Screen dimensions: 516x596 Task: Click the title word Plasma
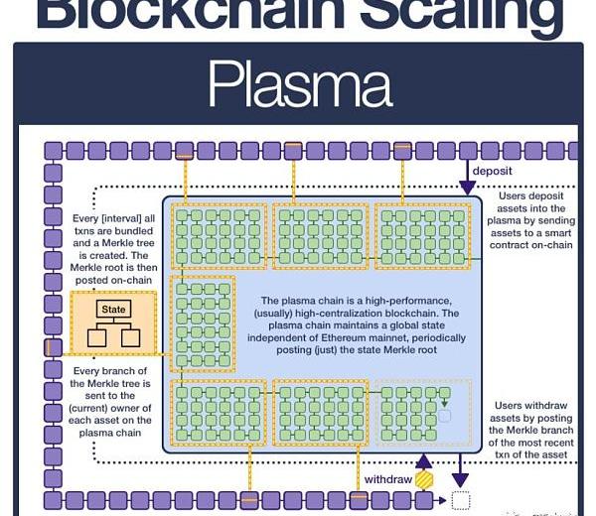coord(297,83)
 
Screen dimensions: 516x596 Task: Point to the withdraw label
coord(387,478)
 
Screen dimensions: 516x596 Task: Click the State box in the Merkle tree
coord(113,310)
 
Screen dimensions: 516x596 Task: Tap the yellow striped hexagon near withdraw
coord(424,479)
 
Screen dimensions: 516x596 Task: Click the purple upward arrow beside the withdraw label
coord(424,460)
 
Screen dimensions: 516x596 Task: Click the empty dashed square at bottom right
coord(460,500)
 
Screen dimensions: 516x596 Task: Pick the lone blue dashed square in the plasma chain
coord(444,416)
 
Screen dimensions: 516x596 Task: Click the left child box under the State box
coord(96,337)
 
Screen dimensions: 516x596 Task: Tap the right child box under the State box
coord(130,337)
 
